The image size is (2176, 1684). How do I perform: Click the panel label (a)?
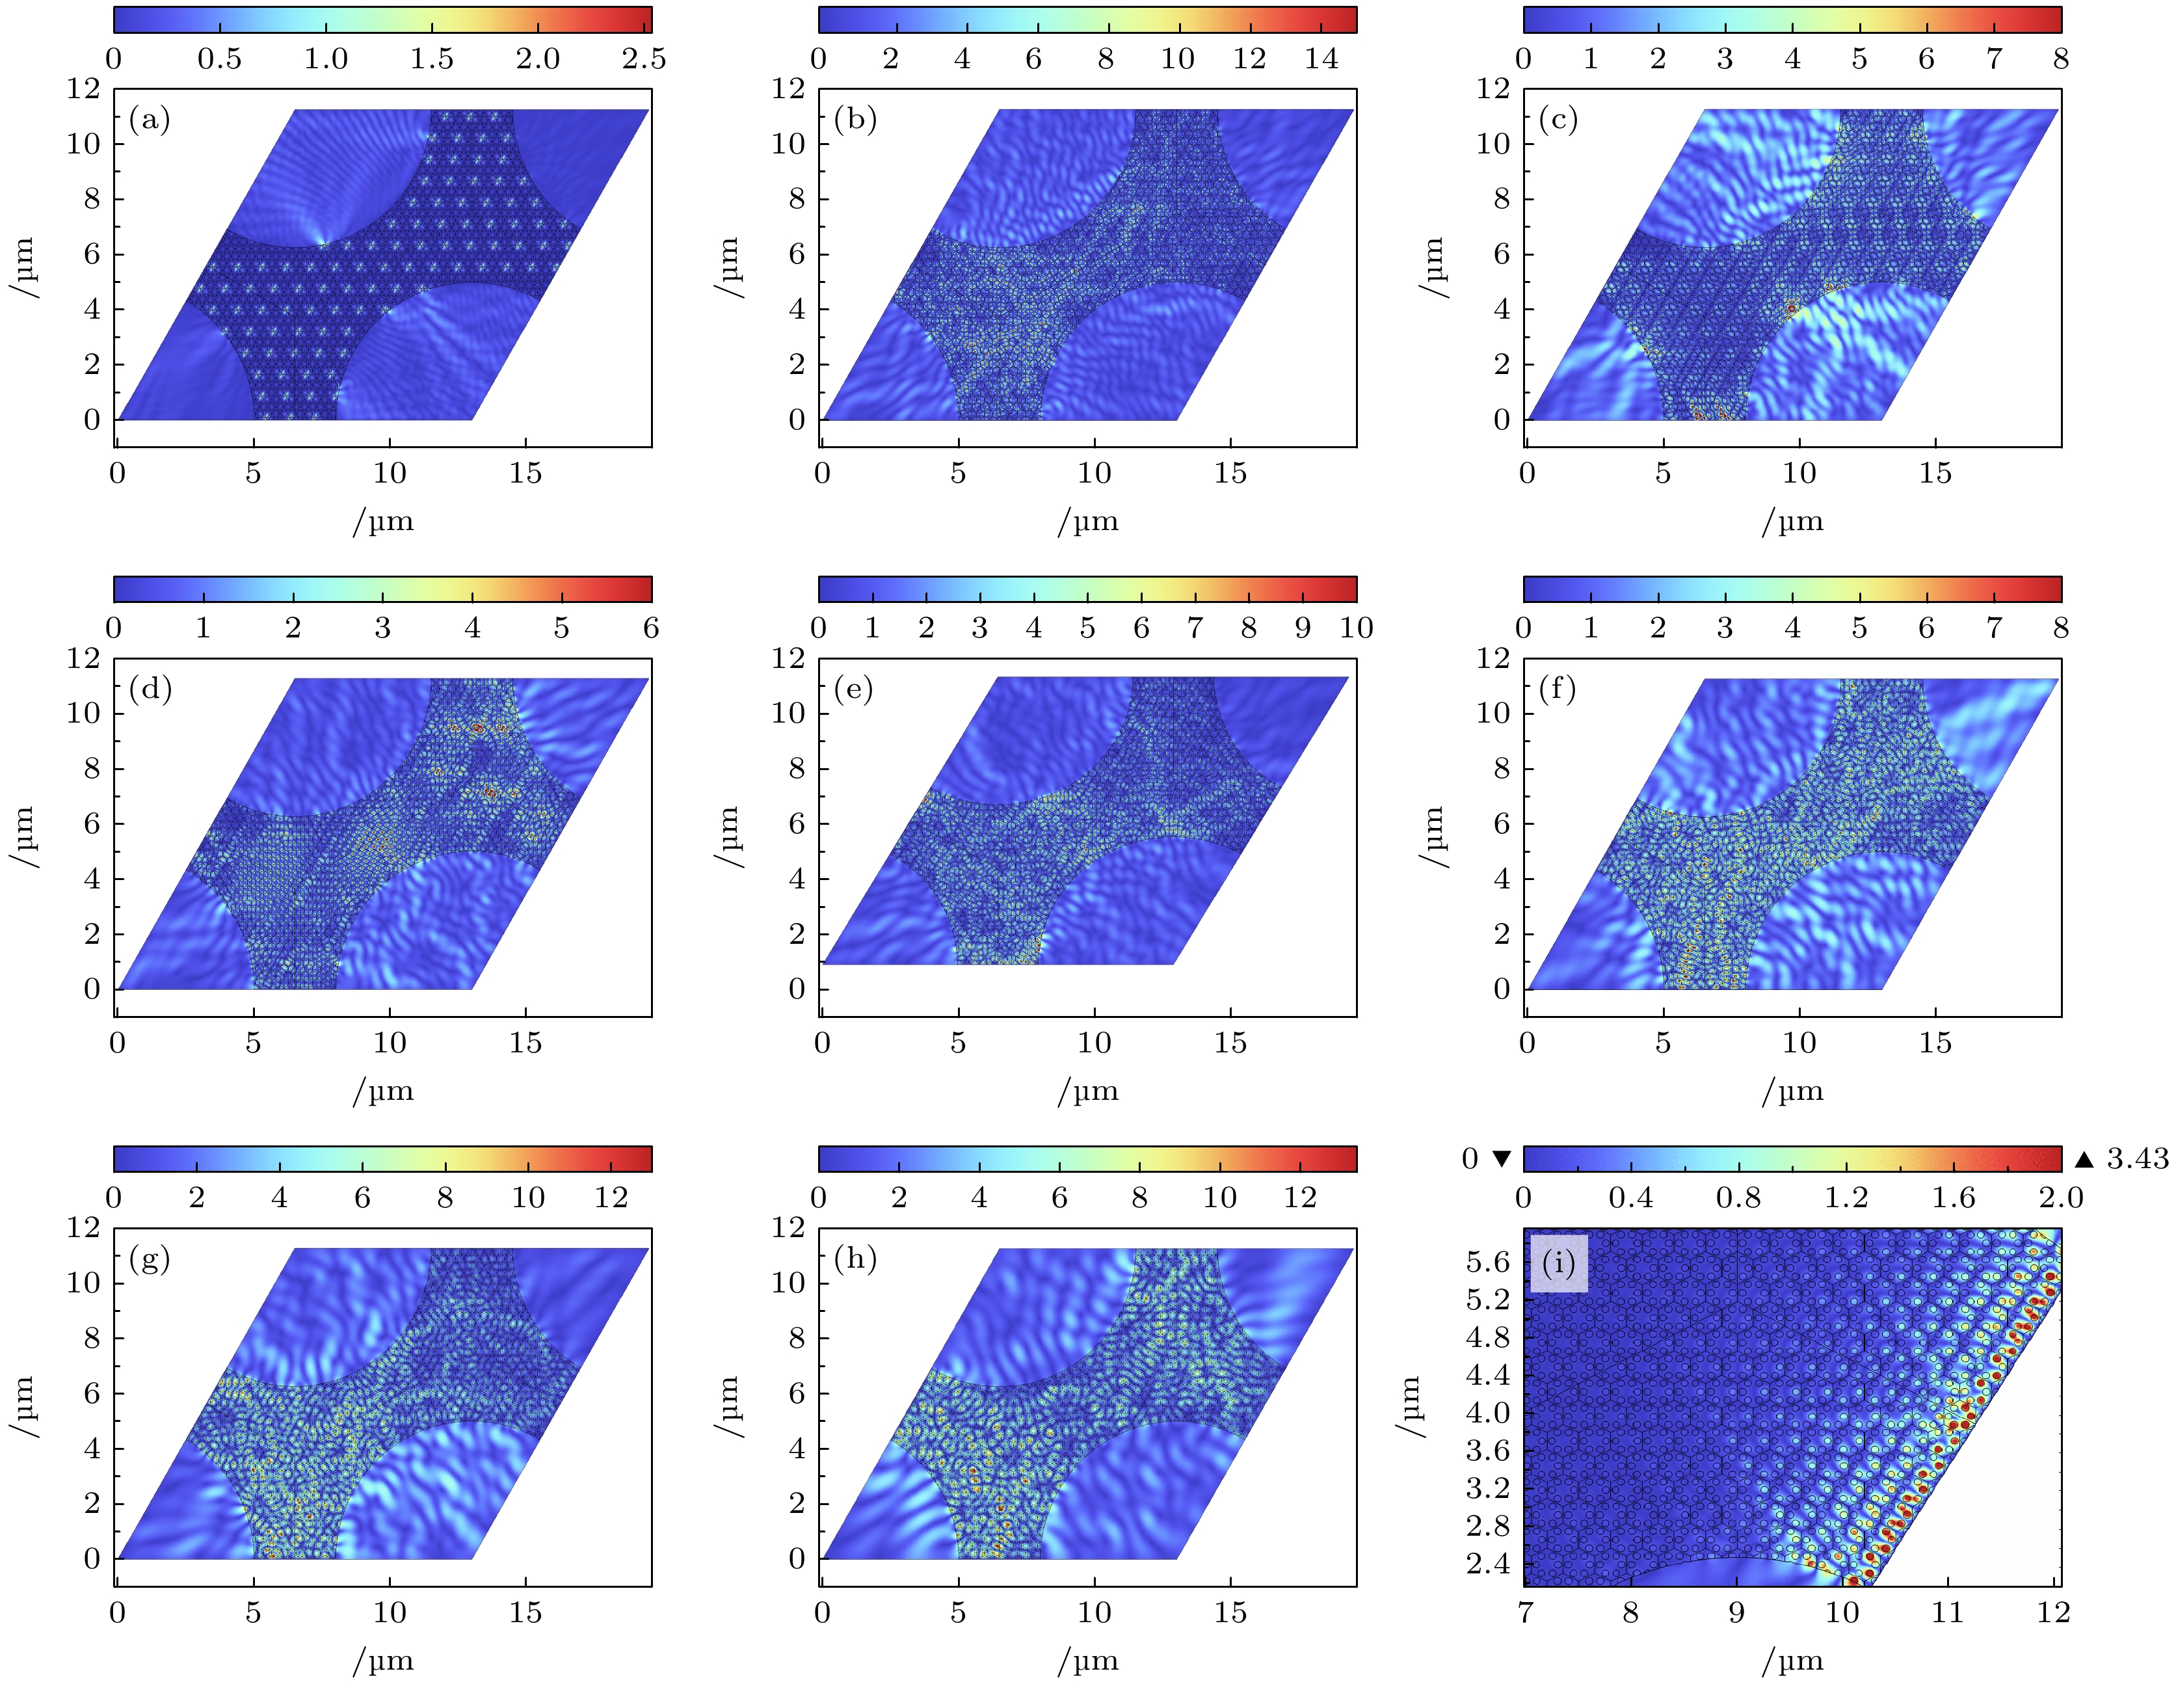[150, 120]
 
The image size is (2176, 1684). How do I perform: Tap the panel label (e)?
[854, 689]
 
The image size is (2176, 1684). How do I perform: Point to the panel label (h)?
[855, 1259]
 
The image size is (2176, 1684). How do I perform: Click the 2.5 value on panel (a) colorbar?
[644, 59]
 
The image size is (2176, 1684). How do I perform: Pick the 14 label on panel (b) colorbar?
[1321, 59]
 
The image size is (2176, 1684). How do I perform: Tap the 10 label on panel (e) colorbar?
[1356, 628]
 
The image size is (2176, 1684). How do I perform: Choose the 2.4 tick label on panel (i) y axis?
[1487, 1564]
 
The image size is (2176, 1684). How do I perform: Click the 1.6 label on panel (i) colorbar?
[1953, 1197]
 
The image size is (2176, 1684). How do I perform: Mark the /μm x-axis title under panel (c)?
[1792, 521]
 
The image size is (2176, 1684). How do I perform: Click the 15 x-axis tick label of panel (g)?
[525, 1612]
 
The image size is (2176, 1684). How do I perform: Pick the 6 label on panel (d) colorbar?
[650, 628]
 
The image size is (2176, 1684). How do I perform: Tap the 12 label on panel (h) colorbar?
[1299, 1197]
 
